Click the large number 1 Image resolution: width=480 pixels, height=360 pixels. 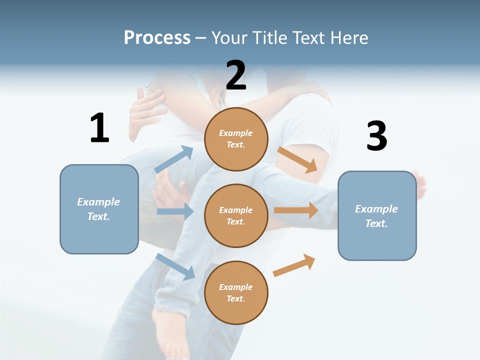point(99,128)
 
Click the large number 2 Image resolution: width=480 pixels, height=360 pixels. point(236,75)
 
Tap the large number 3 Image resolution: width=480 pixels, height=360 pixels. point(376,136)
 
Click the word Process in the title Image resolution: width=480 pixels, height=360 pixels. point(157,37)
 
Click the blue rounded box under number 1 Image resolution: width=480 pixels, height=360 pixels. point(99,209)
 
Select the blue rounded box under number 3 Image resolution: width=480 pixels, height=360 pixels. point(377,215)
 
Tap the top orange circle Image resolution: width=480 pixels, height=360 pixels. point(236,139)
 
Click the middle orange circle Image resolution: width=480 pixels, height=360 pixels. point(236,215)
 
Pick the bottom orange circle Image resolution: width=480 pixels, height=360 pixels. point(236,292)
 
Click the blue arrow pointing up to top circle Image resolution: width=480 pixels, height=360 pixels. point(174,159)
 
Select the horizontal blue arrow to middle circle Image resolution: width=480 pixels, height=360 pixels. point(175,211)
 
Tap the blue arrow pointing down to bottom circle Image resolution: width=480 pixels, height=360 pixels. point(175,266)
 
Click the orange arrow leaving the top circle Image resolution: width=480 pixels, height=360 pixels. point(297,159)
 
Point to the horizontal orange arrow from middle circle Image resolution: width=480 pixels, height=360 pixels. point(296,210)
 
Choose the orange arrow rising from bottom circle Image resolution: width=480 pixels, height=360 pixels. point(294,265)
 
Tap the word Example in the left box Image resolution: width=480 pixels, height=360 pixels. point(98,202)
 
